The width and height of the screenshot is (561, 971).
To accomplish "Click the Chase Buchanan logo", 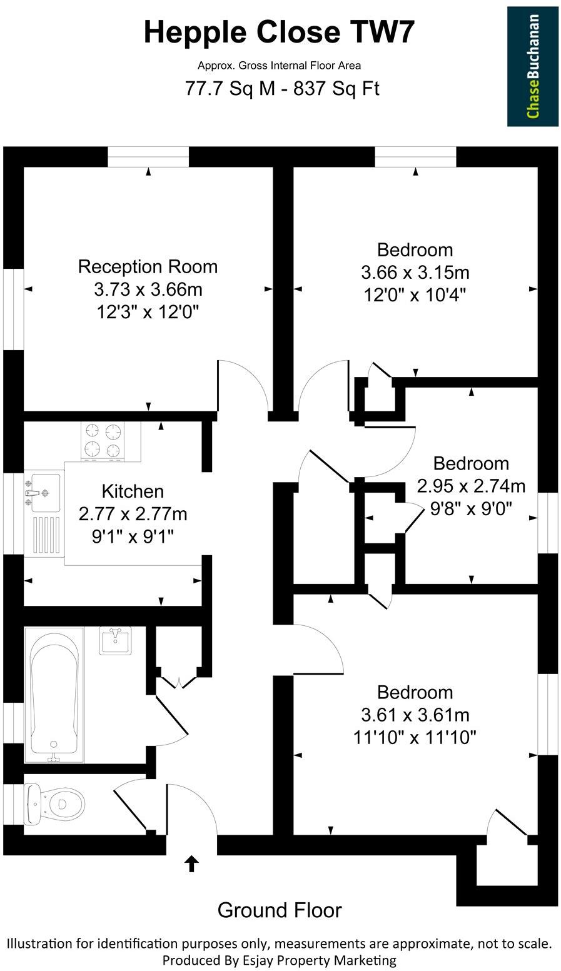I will pos(532,66).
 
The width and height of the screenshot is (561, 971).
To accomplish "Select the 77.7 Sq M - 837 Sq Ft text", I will pos(282,89).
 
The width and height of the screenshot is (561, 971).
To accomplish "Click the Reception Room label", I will pos(148,266).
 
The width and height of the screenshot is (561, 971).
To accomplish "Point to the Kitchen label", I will pos(133,491).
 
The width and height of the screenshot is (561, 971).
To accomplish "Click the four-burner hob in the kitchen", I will pos(103,441).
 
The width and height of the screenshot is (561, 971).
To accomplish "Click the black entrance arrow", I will pos(191,864).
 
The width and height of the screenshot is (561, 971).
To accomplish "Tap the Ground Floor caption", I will pos(280,910).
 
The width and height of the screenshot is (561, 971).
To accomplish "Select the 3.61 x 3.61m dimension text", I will pos(415,715).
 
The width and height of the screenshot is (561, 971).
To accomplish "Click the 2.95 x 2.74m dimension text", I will pos(471,486).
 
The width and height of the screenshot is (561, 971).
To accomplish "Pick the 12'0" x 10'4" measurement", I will pos(415,294).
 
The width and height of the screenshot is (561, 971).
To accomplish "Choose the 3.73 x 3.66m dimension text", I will pos(148,289).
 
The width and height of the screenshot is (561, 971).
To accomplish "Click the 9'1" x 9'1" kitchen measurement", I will pos(133,536).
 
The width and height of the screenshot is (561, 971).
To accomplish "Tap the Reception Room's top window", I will pos(148,157).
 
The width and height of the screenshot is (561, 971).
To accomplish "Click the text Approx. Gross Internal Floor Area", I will pos(279,65).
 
